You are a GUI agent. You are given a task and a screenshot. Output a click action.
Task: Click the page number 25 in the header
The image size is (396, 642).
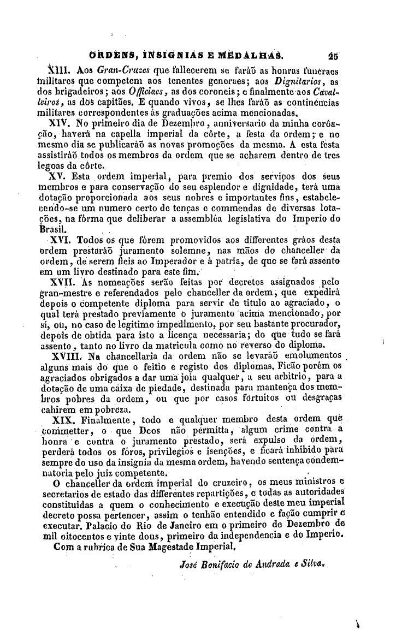click(334, 55)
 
